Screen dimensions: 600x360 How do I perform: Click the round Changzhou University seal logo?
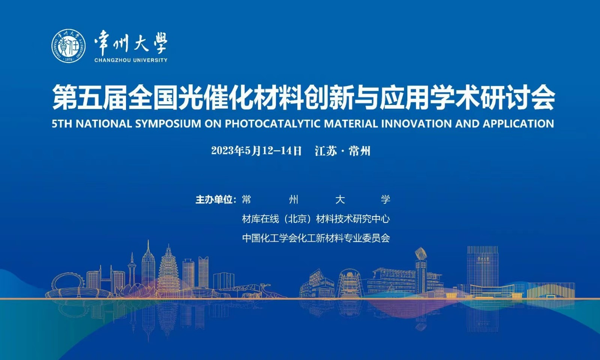(x=69, y=46)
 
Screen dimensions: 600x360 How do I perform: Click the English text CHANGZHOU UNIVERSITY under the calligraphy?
(x=131, y=60)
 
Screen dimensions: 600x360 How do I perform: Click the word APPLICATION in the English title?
(x=518, y=124)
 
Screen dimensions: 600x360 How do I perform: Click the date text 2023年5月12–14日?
(x=256, y=151)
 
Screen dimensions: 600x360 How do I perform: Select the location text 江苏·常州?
(x=343, y=151)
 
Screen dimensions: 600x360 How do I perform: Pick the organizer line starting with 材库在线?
(x=316, y=219)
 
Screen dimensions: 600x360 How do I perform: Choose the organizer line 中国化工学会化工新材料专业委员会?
(x=316, y=238)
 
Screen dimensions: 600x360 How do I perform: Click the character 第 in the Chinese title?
(x=64, y=97)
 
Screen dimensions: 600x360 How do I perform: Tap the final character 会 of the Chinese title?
(x=541, y=97)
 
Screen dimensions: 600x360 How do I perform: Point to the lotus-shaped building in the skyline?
(x=134, y=291)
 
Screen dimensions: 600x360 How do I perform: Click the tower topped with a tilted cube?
(x=421, y=270)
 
